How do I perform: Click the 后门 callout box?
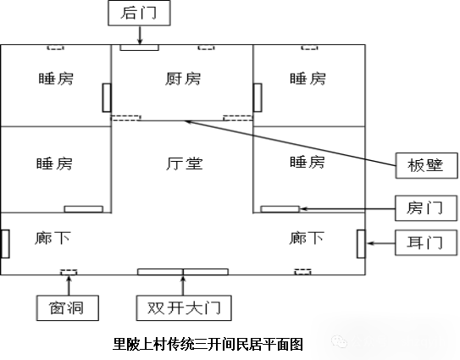coord(139,13)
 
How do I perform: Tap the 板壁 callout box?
coord(426,165)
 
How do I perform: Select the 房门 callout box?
coord(426,208)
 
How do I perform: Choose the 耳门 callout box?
coord(426,242)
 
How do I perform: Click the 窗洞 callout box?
coord(68,308)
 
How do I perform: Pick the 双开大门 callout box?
coord(184,308)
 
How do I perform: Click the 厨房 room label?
coord(183,79)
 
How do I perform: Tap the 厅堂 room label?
coord(184,163)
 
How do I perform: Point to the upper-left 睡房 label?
coord(56,79)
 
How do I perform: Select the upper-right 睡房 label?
coord(308,79)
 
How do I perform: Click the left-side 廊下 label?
coord(53,238)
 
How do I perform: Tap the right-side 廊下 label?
coord(307,238)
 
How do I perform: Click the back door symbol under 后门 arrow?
coord(139,47)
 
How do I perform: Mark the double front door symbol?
coord(183,272)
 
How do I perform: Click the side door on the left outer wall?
coord(5,244)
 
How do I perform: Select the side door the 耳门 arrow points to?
coord(361,244)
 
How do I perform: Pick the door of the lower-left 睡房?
coord(84,209)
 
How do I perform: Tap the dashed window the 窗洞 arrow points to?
coord(69,272)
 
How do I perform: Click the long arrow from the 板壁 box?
coord(290,143)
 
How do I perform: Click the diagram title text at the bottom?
coord(208,345)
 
